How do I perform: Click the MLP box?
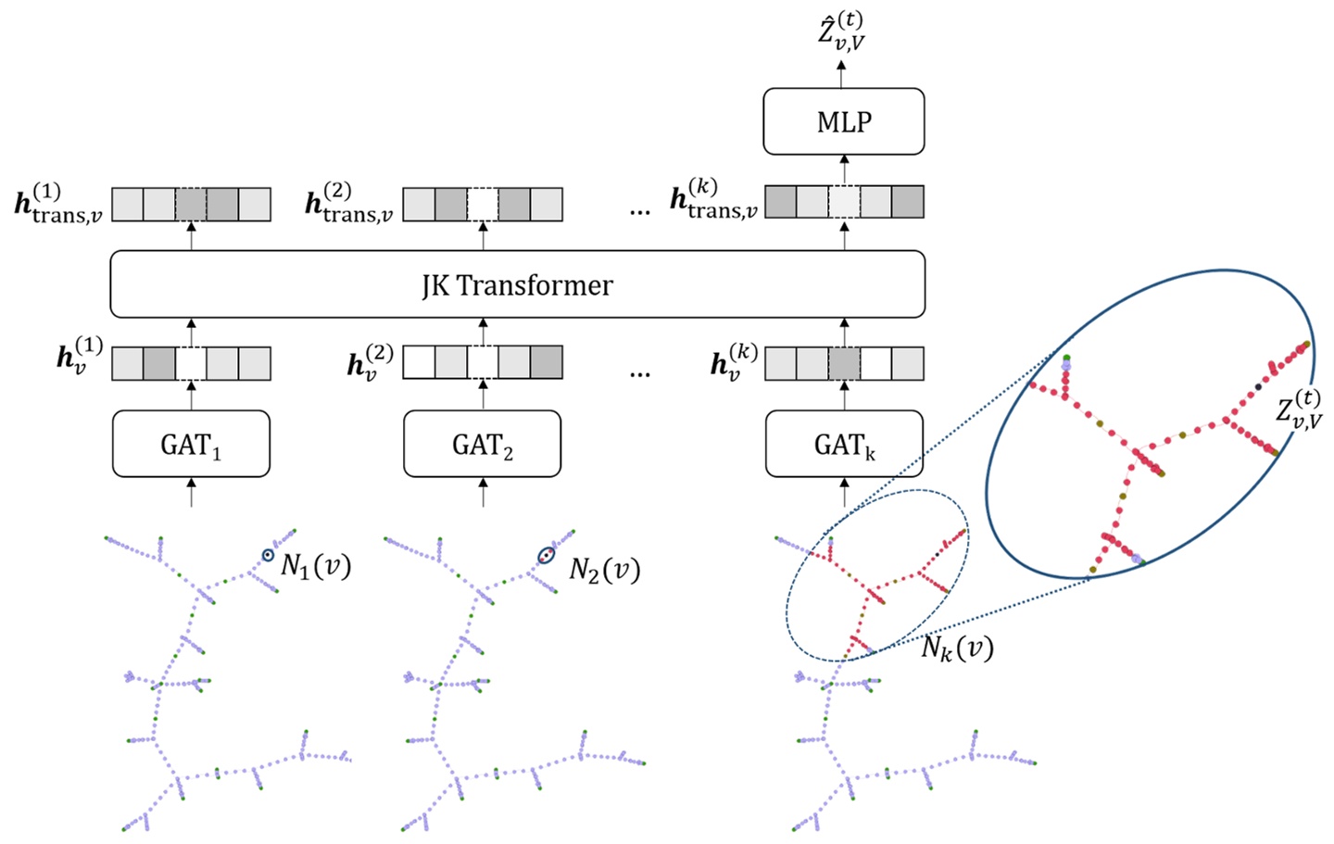[843, 121]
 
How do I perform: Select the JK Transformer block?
[517, 284]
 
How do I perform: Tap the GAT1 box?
[191, 445]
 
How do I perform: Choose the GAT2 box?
[482, 445]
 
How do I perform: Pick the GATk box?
[844, 445]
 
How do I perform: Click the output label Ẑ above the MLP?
[841, 31]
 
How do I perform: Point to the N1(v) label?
[316, 565]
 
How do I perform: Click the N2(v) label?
[604, 569]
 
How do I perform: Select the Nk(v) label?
[957, 647]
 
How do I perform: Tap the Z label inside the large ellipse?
[1299, 408]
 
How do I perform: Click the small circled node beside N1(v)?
[268, 555]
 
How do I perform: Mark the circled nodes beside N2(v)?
[547, 556]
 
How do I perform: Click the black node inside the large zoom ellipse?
[1257, 386]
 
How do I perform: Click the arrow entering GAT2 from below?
[483, 492]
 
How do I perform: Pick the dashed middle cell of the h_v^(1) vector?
[191, 363]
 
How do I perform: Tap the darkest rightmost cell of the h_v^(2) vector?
[546, 363]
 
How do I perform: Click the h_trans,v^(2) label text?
[349, 204]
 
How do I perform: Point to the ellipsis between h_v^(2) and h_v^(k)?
[639, 372]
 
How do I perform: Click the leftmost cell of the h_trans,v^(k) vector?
[780, 202]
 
